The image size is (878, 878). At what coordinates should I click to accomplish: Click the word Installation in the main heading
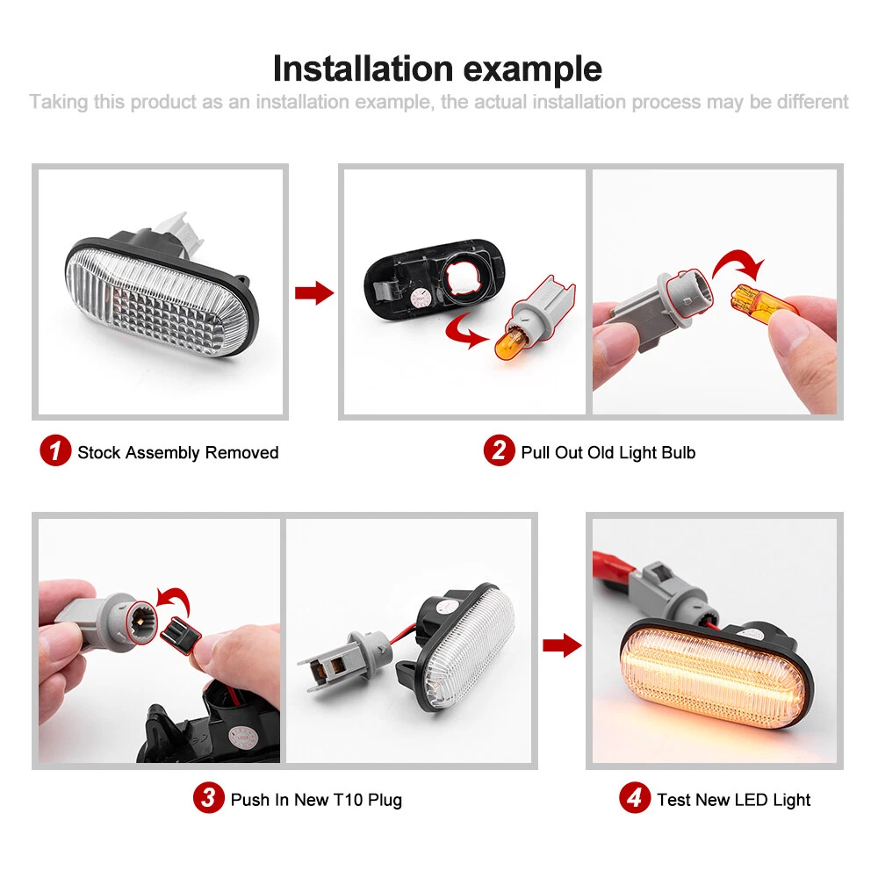363,68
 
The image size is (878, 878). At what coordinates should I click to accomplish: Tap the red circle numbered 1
54,450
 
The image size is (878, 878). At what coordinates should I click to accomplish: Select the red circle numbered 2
499,450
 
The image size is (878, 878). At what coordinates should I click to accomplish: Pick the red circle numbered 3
208,797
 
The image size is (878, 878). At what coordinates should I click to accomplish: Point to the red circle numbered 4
635,797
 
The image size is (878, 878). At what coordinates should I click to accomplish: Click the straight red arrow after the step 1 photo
314,292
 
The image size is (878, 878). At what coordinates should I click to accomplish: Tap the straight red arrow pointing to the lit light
562,645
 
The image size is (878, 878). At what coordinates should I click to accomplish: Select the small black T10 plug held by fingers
180,635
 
